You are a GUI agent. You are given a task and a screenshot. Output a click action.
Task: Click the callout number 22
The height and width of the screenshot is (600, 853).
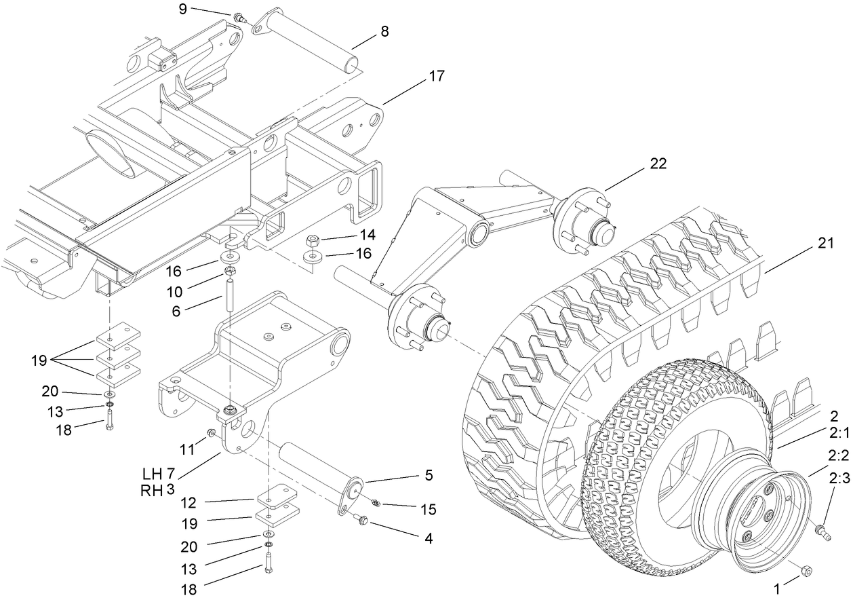tap(658, 164)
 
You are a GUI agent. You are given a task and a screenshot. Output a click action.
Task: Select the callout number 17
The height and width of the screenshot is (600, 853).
tap(437, 76)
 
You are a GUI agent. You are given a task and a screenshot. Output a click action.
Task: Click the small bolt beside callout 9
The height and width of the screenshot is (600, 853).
tap(239, 17)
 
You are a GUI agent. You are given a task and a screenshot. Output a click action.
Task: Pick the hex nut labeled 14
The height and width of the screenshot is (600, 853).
tap(313, 240)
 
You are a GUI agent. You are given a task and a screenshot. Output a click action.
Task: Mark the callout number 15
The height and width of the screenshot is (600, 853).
tap(427, 508)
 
